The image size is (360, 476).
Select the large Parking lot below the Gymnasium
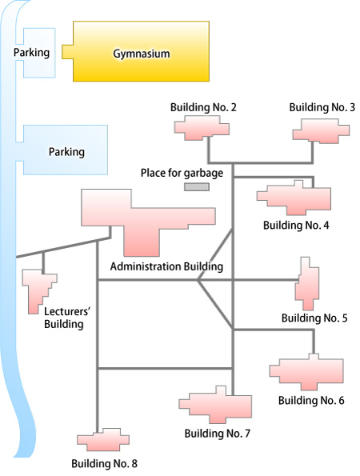pos(65,150)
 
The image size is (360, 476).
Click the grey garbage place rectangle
pos(197,187)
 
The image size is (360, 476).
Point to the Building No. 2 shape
pos(202,129)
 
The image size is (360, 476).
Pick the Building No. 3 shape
pos(321,131)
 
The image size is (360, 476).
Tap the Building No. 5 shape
pos(307,284)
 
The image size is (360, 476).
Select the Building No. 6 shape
pos(307,373)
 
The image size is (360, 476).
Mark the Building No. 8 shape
pos(104,439)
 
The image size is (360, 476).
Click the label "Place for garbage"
pos(182,173)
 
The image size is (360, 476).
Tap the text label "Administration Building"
pos(166,266)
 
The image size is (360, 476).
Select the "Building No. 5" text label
pos(314,318)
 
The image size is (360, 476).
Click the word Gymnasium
pos(142,54)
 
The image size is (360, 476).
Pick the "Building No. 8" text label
pos(105,463)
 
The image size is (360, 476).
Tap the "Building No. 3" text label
pos(322,107)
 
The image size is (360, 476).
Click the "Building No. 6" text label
pos(311,401)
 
